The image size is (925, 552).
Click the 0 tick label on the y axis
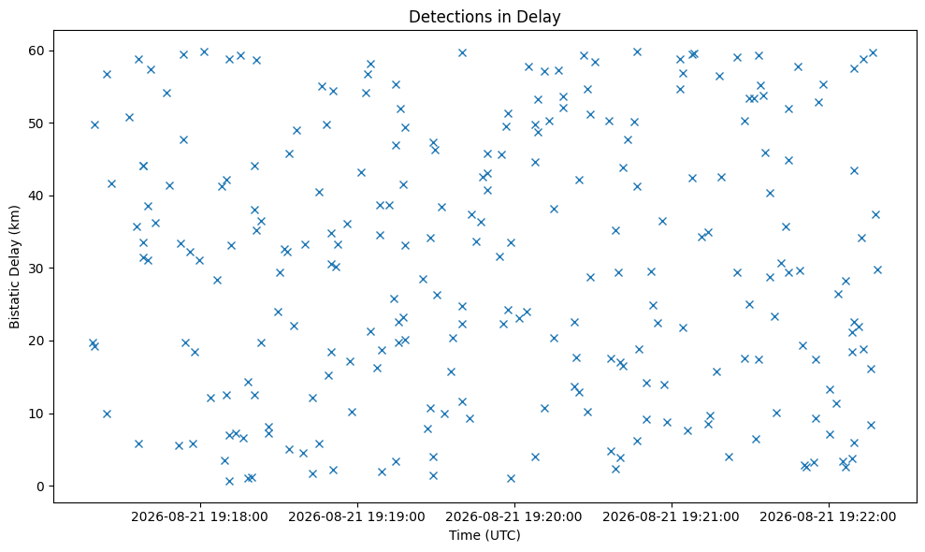click(41, 487)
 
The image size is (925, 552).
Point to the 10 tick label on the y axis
click(37, 414)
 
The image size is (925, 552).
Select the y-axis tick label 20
click(37, 341)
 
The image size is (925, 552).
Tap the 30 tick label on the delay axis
click(37, 269)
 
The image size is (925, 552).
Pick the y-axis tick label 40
click(37, 196)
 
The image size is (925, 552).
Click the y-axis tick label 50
click(37, 123)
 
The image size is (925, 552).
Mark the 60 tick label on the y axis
click(37, 51)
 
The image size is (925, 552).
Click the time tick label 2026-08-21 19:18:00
click(199, 517)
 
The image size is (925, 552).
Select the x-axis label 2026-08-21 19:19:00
click(357, 517)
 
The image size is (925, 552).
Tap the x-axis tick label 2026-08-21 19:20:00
click(513, 517)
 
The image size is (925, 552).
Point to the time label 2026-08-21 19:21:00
click(672, 517)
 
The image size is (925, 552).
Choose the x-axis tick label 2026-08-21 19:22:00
click(829, 517)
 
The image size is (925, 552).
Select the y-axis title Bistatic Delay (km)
click(15, 267)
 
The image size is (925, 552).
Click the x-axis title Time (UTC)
click(484, 535)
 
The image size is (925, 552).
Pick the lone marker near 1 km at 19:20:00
click(511, 478)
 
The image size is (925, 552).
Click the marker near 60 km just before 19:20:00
click(462, 53)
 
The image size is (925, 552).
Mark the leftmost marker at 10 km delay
click(107, 414)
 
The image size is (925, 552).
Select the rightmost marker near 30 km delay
click(877, 269)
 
